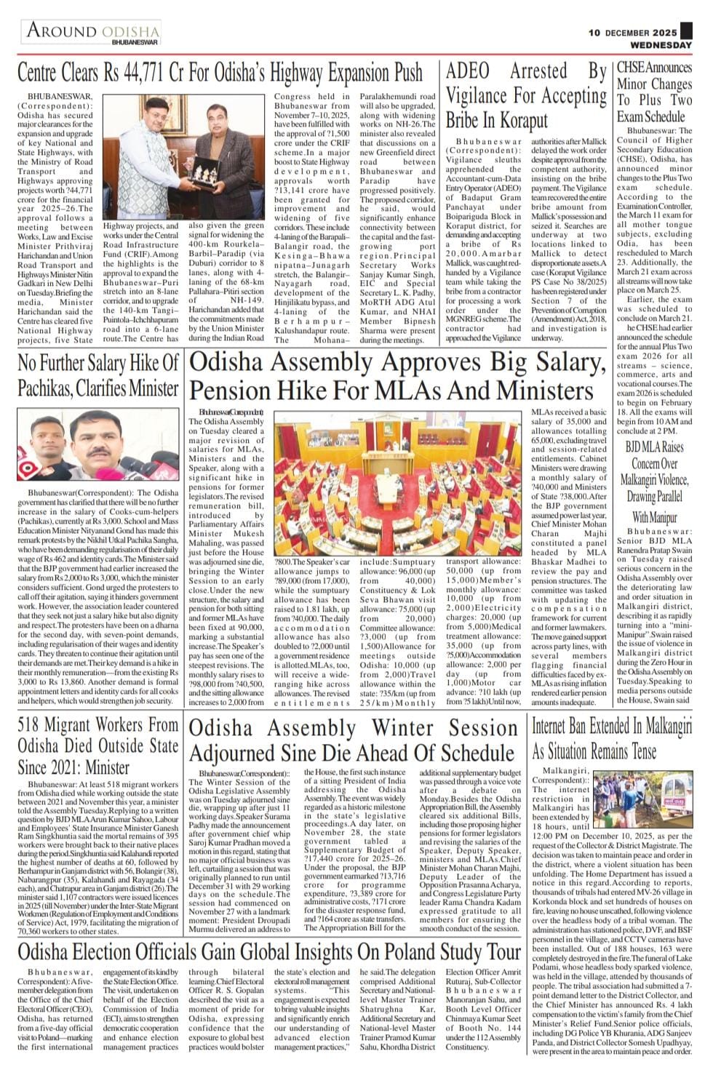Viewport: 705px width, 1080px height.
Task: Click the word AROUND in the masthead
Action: point(61,31)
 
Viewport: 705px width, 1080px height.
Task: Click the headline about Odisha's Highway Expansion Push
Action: point(220,73)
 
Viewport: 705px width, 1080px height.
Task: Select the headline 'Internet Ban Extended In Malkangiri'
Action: point(612,738)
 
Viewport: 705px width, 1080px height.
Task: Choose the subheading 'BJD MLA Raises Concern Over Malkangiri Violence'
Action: point(654,480)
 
